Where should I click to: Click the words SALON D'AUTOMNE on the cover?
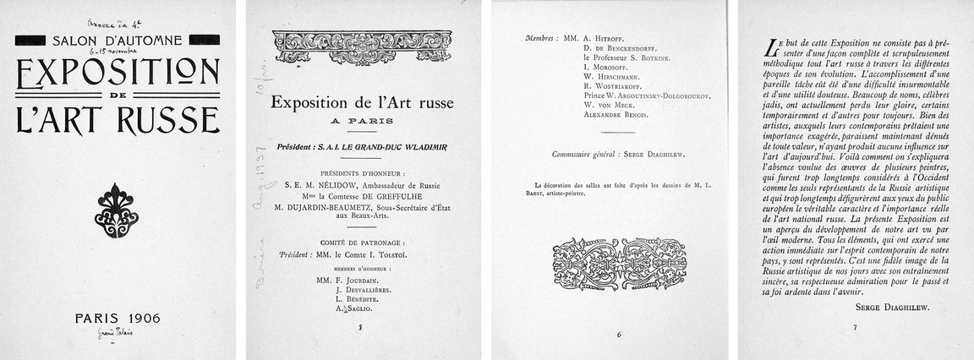(118, 40)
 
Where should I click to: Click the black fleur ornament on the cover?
(117, 210)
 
